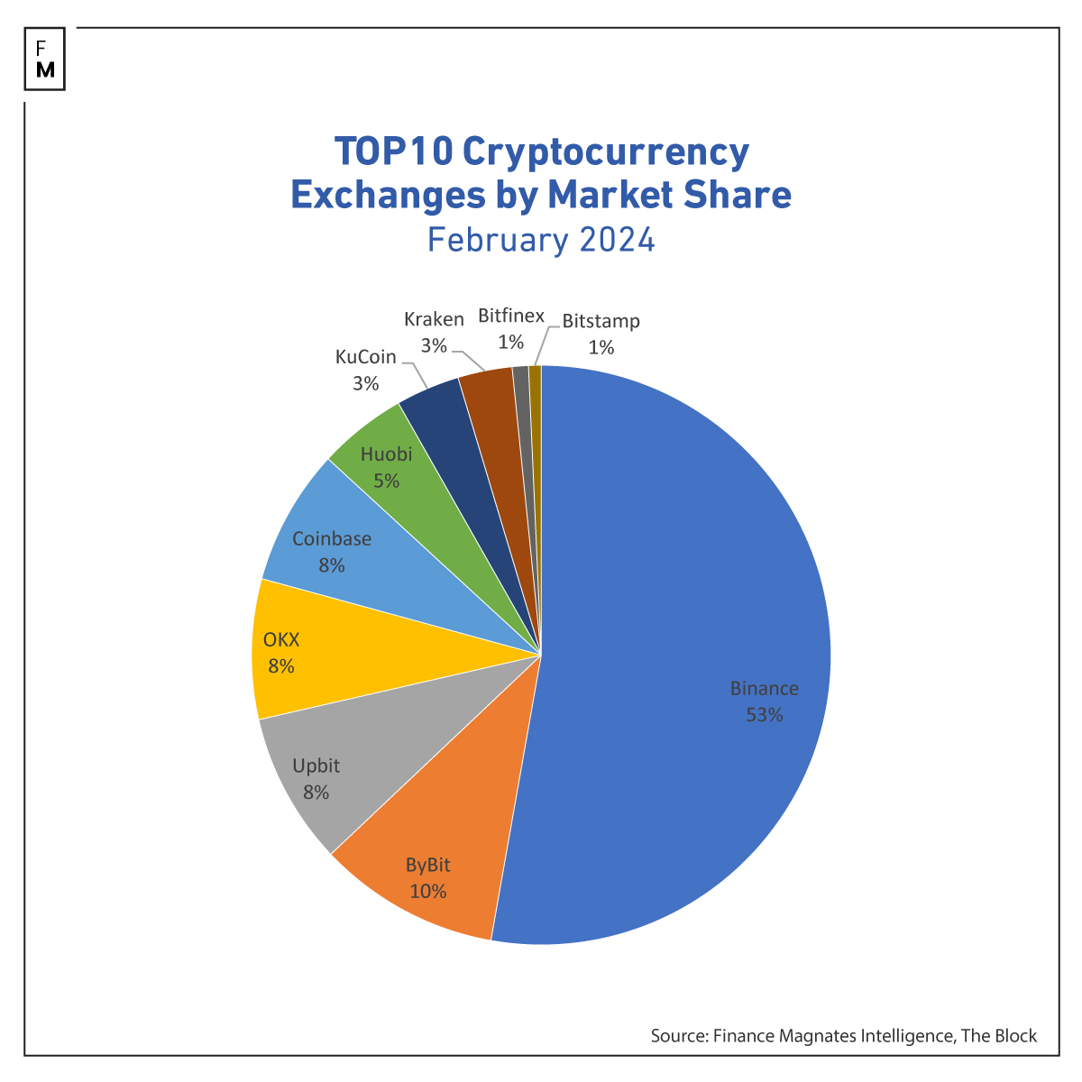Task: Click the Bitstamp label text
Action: pos(601,321)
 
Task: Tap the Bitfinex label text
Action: pos(511,316)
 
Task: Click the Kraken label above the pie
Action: pos(434,319)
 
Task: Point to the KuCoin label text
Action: pos(365,357)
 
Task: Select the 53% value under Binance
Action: pos(764,715)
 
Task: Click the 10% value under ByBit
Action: pos(427,892)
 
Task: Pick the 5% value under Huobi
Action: pos(386,481)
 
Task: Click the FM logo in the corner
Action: pos(45,60)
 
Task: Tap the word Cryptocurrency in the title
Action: pos(605,151)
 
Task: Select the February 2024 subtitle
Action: pos(541,241)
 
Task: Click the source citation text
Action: pos(843,1036)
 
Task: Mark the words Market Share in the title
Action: pos(669,194)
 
